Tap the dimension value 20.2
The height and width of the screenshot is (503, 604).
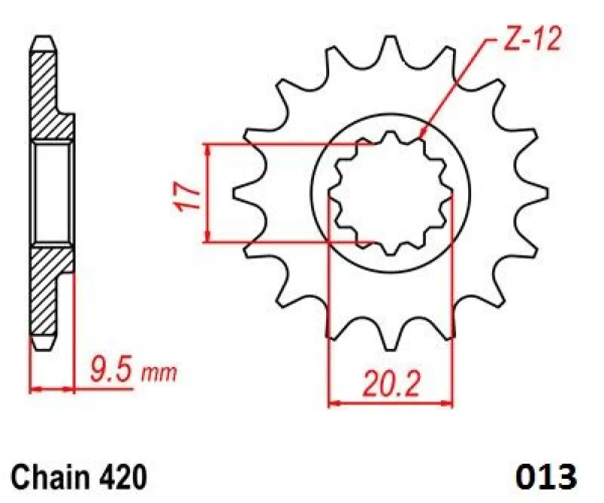tap(391, 384)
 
